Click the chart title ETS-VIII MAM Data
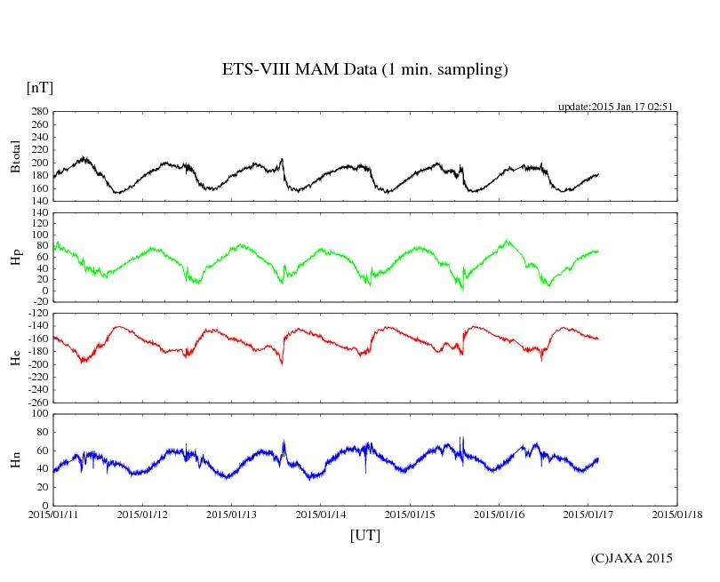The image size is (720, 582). pos(364,70)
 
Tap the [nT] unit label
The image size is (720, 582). pos(39,88)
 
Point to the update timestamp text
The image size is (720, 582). pos(614,107)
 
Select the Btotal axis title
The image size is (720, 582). pos(15,156)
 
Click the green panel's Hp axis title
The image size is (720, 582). pos(15,258)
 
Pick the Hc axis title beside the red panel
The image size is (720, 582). pos(15,357)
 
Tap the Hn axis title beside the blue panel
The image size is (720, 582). pos(15,459)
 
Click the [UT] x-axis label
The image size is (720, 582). pos(365,535)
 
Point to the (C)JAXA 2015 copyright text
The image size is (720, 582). pos(631,558)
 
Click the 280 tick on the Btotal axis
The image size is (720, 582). pos(38,112)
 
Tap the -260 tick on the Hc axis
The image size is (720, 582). pos(36,402)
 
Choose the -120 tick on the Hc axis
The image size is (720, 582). pos(36,315)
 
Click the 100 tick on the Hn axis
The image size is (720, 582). pos(38,414)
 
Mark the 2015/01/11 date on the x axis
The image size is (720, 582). pos(53,514)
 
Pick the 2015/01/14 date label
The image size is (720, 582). pos(321,514)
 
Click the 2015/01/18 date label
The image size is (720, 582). pos(677,514)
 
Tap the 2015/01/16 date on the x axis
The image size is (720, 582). pos(500,514)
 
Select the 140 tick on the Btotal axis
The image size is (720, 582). pos(38,200)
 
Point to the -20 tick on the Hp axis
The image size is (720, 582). pos(38,302)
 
